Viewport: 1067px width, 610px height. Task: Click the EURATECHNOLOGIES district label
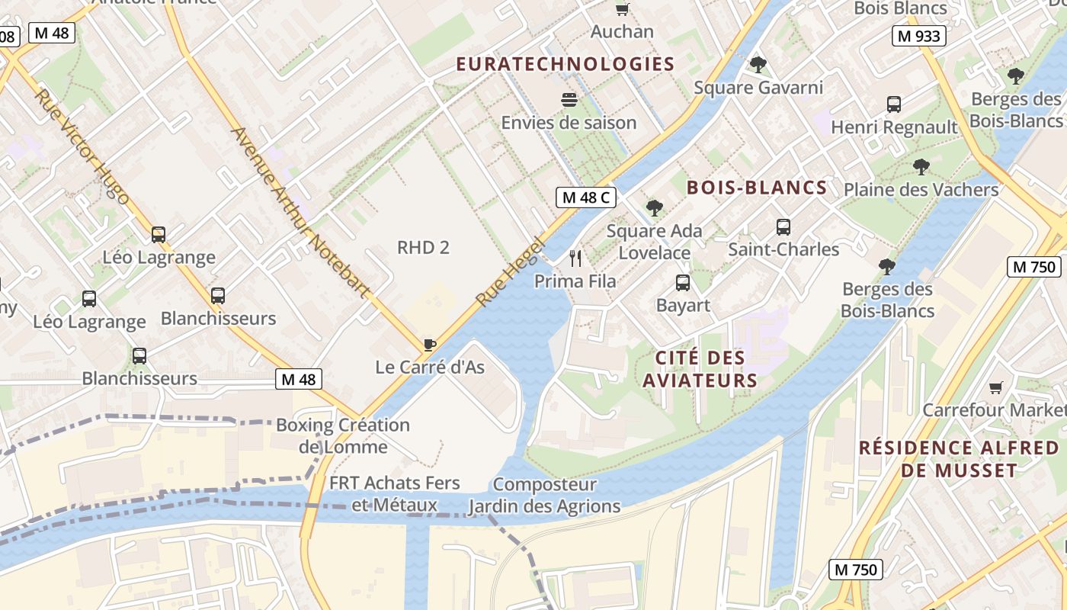pos(566,64)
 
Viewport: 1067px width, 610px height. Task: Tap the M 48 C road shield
pos(585,198)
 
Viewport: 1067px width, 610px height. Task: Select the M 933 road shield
pos(919,36)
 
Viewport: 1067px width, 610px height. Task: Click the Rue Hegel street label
pos(511,271)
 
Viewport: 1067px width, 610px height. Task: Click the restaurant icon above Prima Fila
pos(575,258)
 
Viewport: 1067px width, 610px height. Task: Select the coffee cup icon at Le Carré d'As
pos(430,345)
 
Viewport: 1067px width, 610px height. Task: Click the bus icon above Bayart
pos(683,283)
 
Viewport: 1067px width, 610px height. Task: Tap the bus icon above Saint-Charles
pos(783,226)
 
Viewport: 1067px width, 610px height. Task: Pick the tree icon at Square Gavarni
pos(758,65)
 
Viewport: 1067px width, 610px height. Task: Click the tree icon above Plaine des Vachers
pos(921,167)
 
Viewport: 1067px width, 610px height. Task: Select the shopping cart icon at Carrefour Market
pos(995,387)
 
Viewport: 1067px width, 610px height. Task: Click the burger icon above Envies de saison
pos(569,100)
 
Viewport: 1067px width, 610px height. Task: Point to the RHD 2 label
pos(423,247)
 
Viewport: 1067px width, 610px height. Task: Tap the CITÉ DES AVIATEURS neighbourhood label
pos(700,369)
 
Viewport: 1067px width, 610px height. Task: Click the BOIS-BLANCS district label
pos(757,188)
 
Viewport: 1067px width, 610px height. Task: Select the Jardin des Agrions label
pos(544,506)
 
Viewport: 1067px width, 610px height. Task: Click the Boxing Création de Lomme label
pos(342,435)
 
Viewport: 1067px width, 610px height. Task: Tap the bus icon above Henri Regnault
pos(894,104)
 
